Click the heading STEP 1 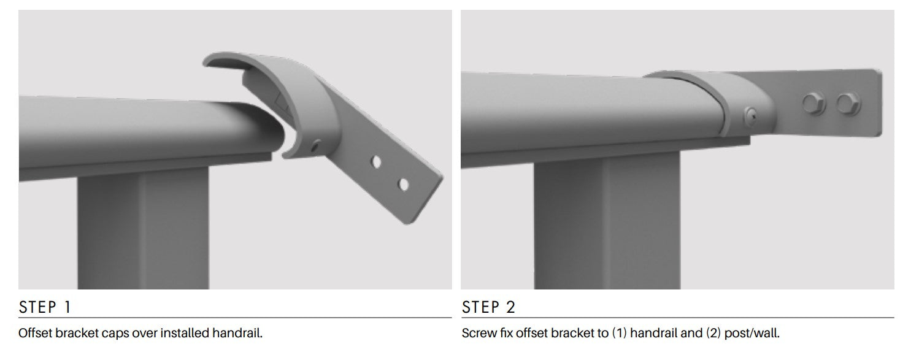point(45,307)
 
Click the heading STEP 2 point(488,307)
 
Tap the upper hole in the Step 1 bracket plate point(376,162)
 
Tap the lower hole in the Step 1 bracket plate point(403,185)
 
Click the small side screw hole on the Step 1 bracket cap point(315,145)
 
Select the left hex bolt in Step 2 point(814,103)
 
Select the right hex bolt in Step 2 point(848,103)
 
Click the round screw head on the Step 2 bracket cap point(751,117)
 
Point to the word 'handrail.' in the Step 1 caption point(237,333)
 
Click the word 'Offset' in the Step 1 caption point(36,333)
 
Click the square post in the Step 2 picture point(607,221)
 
